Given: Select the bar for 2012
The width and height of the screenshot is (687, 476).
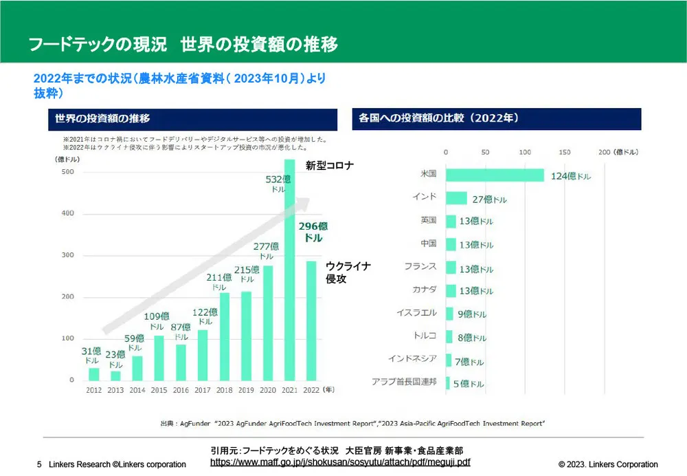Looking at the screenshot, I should tap(94, 374).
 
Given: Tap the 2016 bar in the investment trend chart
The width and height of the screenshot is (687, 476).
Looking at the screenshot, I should tap(181, 362).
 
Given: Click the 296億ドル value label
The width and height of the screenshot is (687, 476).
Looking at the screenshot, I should tap(313, 232).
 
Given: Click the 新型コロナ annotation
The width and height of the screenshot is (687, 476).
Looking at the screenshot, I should tap(329, 165).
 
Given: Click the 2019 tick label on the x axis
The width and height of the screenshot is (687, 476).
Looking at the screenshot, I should tap(246, 390).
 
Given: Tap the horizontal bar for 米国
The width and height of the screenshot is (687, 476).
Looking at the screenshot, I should tap(495, 175).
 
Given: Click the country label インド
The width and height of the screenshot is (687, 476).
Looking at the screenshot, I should tap(424, 197).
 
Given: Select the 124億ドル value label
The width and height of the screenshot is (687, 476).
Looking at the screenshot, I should tap(570, 176).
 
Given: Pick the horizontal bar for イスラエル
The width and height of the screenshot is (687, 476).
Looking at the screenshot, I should tap(449, 314).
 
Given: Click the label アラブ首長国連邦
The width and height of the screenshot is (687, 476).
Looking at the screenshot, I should tap(404, 381).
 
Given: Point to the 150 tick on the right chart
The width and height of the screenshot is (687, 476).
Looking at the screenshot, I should tap(565, 152).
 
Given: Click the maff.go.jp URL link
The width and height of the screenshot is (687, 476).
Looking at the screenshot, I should tap(340, 462).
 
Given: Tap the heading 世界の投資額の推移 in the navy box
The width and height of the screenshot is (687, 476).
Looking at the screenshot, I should tap(99, 119).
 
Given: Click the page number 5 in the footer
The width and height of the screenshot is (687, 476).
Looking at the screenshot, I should tap(39, 464).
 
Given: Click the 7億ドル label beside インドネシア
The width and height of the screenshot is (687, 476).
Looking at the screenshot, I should tap(471, 361).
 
